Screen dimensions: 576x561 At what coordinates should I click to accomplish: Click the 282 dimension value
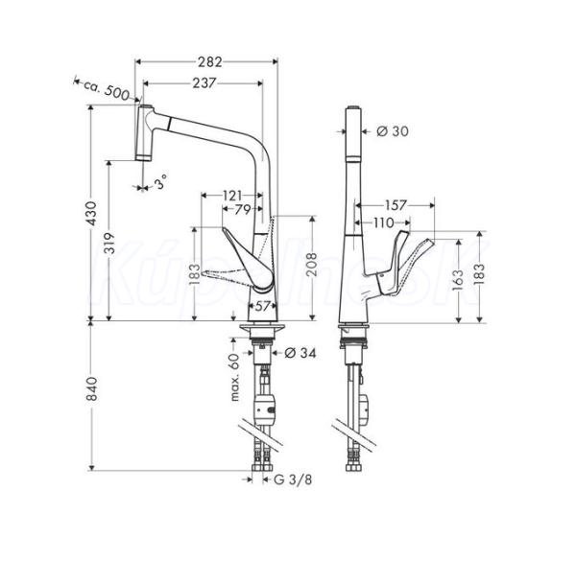pos(210,62)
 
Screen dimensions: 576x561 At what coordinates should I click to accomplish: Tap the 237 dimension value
pos(204,83)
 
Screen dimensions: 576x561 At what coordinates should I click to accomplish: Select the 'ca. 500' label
pos(107,91)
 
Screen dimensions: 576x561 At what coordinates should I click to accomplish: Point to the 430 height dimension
pos(91,213)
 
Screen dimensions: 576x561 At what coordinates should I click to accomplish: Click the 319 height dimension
pos(109,243)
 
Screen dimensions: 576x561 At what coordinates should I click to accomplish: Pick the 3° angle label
pos(160,182)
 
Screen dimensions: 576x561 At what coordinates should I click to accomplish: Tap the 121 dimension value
pos(232,196)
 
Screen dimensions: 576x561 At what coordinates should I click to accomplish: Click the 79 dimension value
pos(243,209)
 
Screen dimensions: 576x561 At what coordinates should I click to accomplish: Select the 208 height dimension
pos(312,265)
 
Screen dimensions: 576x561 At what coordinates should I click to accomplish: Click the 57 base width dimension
pos(262,306)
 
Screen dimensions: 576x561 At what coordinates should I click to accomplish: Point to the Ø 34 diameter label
pos(300,353)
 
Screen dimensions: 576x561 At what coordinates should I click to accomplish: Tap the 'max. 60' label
pos(235,377)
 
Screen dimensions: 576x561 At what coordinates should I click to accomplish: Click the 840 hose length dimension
pos(91,388)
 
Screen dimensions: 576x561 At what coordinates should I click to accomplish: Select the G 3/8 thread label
pos(293,479)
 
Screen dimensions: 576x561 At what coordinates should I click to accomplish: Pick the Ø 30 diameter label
pos(393,131)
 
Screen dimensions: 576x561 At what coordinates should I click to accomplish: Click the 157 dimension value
pos(396,205)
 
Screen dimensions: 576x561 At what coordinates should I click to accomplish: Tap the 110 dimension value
pos(384,222)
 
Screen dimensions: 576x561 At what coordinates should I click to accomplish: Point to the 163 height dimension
pos(458,280)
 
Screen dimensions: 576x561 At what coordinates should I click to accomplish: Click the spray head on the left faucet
pos(144,133)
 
